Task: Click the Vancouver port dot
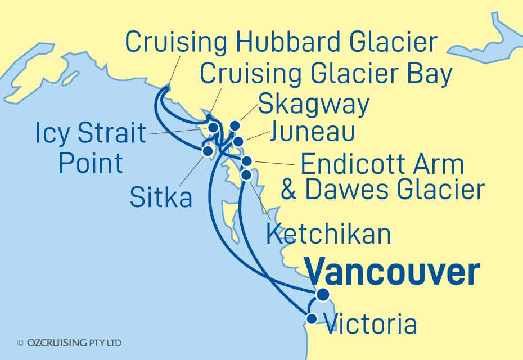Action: click(323, 294)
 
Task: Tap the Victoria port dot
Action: click(311, 319)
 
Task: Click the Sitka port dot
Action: click(208, 151)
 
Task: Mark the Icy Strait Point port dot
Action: click(213, 128)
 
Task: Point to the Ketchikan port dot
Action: click(246, 175)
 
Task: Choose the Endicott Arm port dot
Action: click(247, 162)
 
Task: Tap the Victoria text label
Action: click(371, 325)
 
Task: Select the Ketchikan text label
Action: click(328, 233)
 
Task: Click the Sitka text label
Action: click(161, 197)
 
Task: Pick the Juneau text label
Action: click(312, 133)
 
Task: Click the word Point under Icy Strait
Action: click(91, 163)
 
